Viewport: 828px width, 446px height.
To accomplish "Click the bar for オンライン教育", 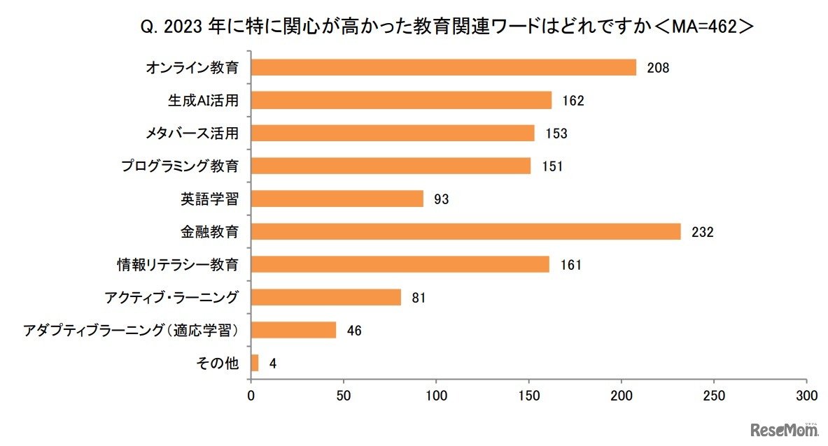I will [443, 67].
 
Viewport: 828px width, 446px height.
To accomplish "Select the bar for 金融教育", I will [465, 231].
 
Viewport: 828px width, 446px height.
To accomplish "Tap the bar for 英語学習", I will [337, 199].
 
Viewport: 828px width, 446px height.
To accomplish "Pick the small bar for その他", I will [255, 363].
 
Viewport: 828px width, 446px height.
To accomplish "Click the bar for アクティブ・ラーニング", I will [325, 297].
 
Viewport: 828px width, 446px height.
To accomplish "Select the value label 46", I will [354, 331].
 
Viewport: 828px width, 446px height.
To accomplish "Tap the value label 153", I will [556, 134].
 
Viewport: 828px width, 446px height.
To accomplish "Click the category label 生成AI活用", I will [203, 101].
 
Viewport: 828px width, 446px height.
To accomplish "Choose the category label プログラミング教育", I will [180, 166].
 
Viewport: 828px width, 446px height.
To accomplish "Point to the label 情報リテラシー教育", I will [177, 264].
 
